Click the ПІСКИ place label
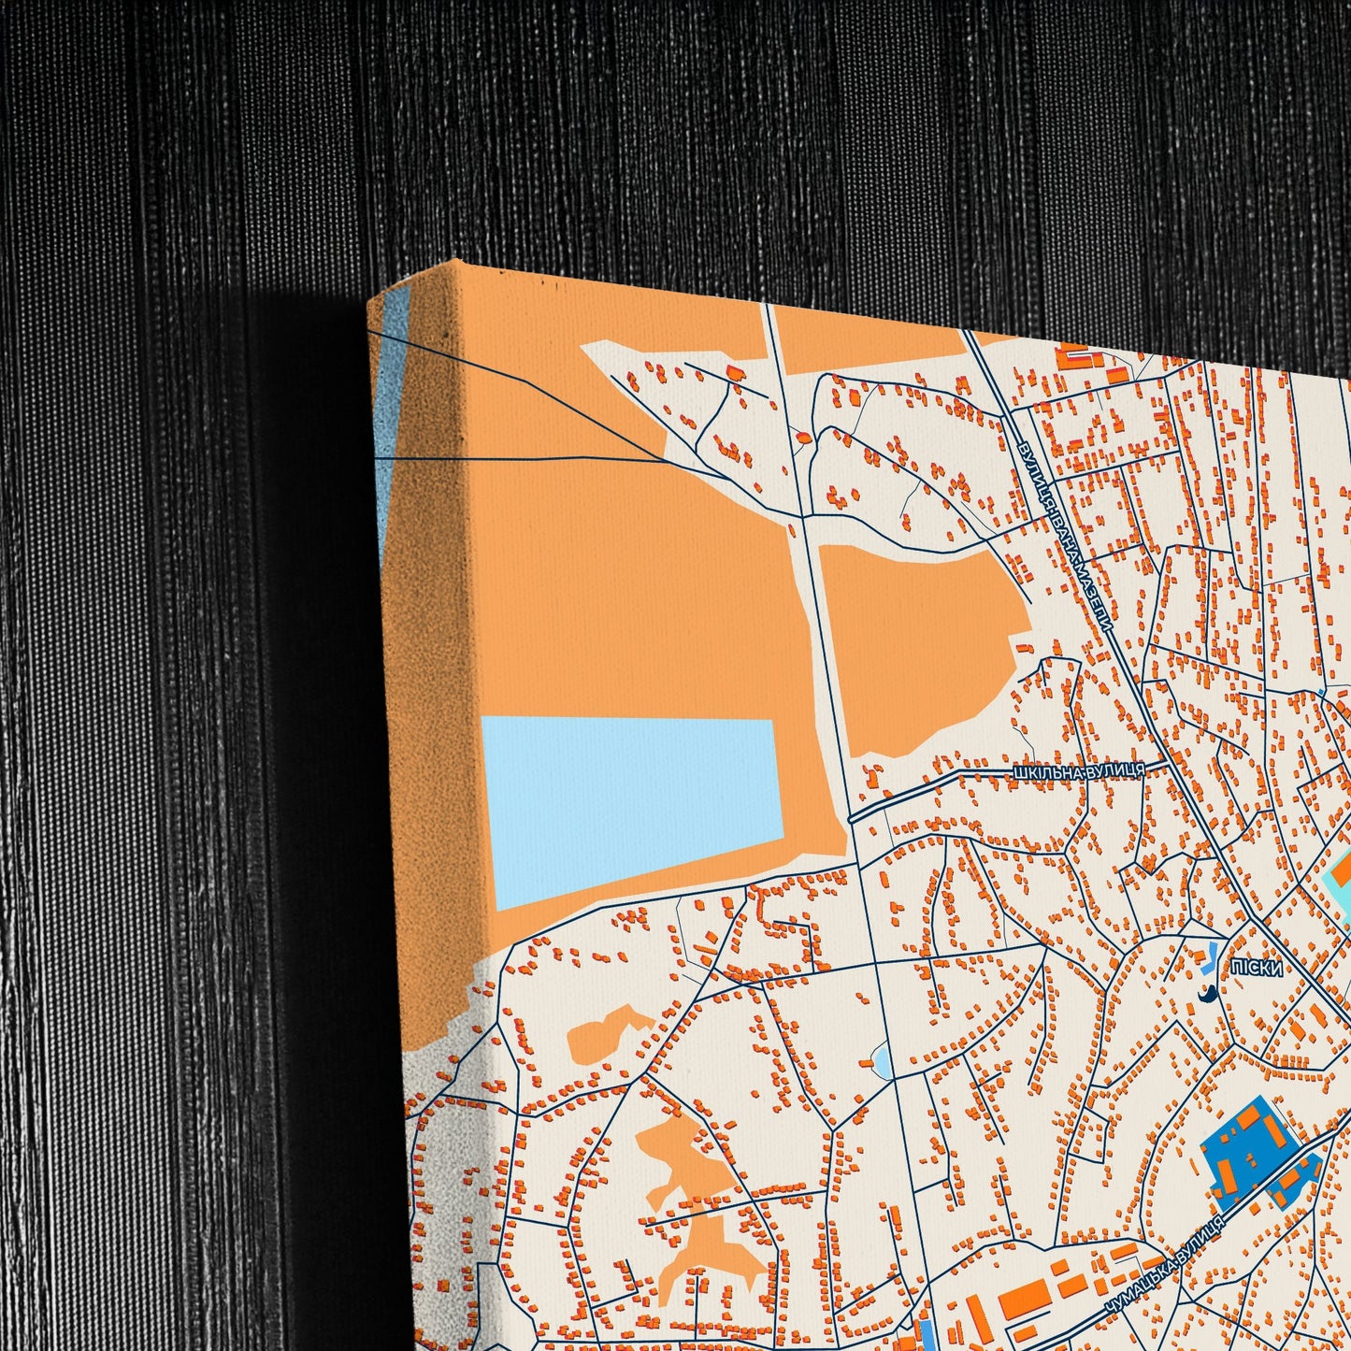tap(1257, 969)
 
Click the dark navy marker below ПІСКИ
tap(1206, 994)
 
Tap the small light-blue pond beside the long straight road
tap(881, 1060)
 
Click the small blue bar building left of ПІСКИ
tap(1212, 956)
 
